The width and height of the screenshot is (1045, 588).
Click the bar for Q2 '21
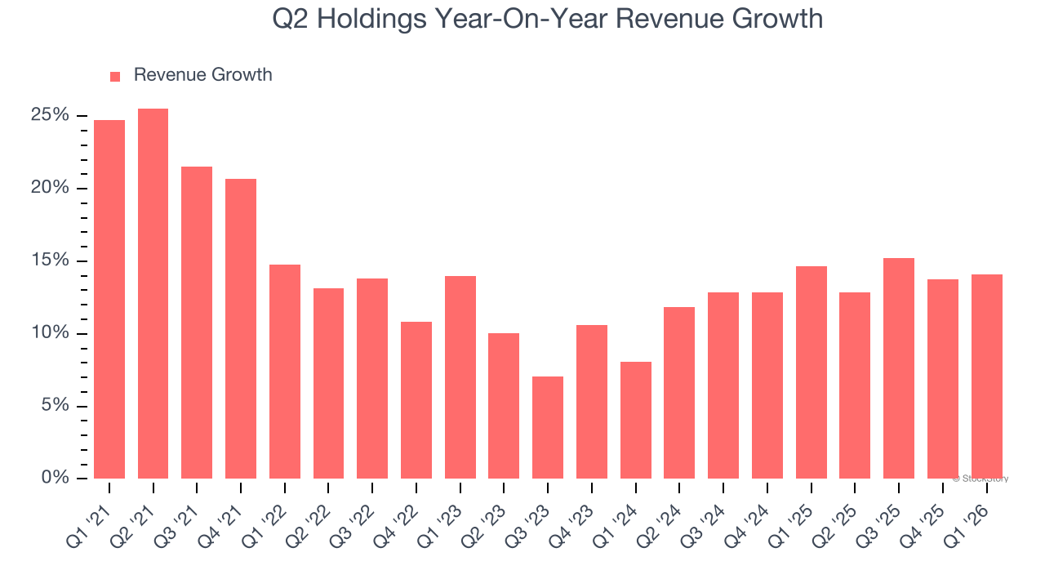pos(153,293)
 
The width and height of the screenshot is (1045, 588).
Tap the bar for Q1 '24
pos(635,420)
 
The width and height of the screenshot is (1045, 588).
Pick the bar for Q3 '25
pos(898,368)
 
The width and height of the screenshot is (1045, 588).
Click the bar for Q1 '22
pos(284,372)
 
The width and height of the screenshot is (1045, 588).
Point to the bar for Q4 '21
pos(241,328)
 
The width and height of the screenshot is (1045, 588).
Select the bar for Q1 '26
pos(986,376)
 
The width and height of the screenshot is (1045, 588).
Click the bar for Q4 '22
pos(416,400)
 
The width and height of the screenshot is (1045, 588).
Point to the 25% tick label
pos(50,115)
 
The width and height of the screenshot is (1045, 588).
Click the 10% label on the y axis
pos(50,333)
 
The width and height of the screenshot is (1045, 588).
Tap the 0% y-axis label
pos(55,478)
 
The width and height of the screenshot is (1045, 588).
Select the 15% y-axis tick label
pos(50,261)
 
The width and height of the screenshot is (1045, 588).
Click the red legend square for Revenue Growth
pos(115,76)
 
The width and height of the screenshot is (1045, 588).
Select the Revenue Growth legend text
pos(202,75)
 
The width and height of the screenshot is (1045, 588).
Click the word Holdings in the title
pos(377,19)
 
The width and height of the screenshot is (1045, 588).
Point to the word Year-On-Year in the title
pos(521,19)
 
